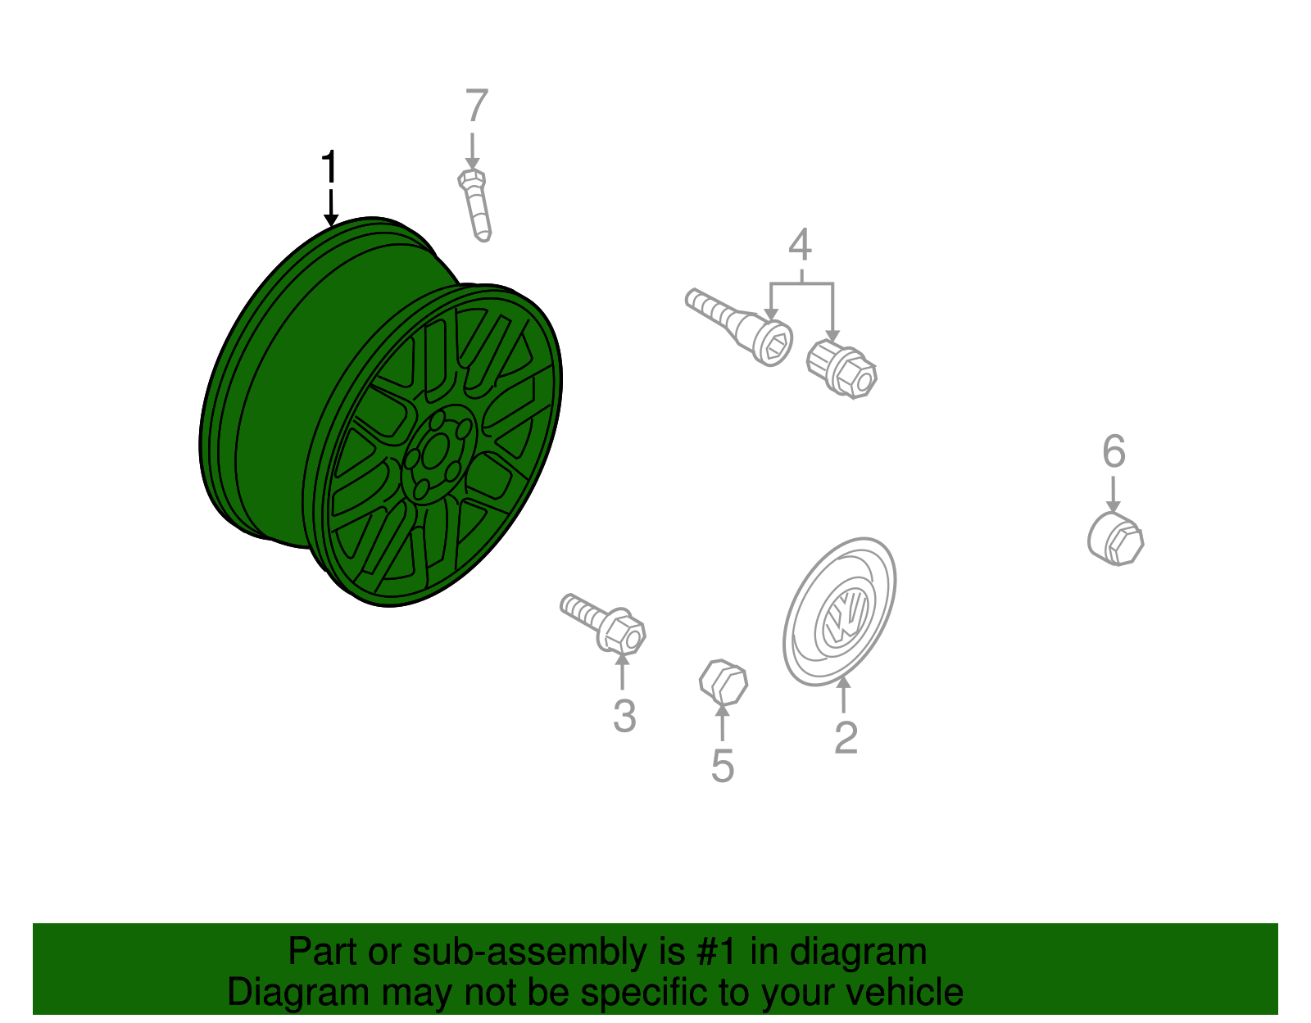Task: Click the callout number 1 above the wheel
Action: tap(329, 166)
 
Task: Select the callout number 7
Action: tap(477, 106)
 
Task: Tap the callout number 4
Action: tap(800, 244)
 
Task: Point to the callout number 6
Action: tap(1114, 451)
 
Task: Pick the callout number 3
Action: tap(624, 716)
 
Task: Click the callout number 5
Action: tap(722, 766)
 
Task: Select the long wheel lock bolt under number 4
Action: tap(738, 326)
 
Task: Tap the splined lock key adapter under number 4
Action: tap(841, 369)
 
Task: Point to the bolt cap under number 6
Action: tap(1115, 538)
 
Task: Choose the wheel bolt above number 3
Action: tap(603, 623)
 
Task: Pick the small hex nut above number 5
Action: tap(724, 682)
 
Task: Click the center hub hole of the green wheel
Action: tap(435, 451)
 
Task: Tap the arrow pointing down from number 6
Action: tap(1113, 494)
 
